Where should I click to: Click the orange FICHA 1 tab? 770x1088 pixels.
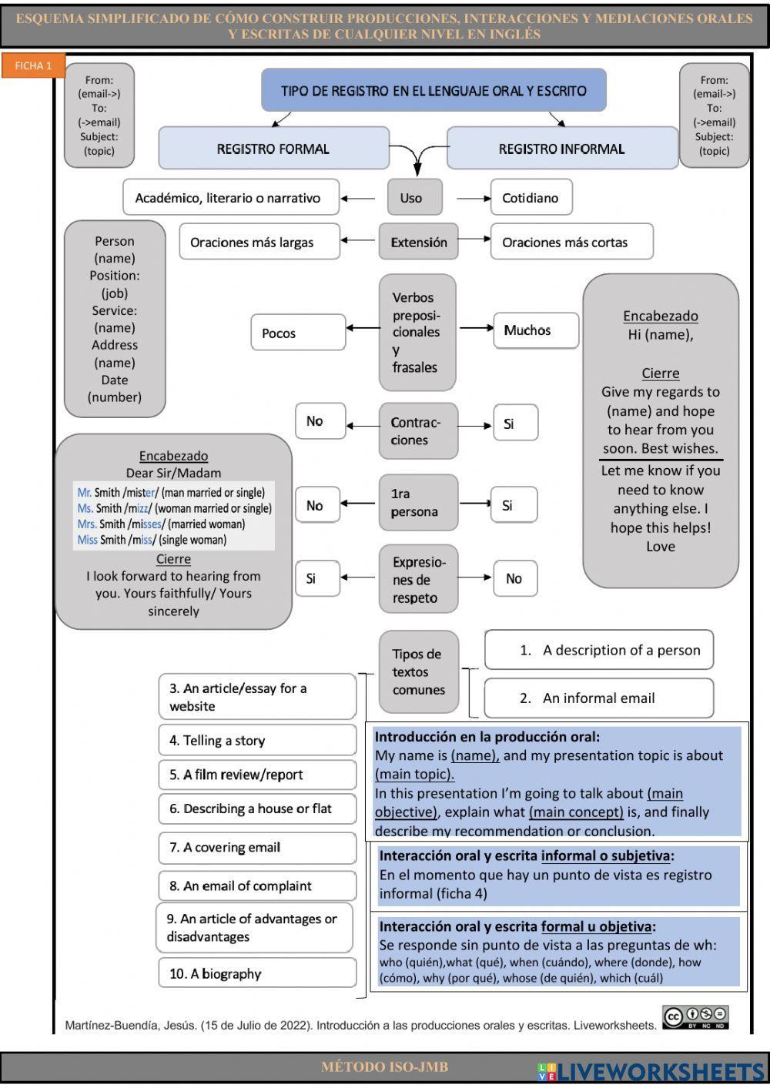pos(33,66)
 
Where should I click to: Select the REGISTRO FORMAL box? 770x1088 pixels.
pos(273,149)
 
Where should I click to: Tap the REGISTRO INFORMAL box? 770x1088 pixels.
pos(561,149)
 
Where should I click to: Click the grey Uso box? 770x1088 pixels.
pos(414,198)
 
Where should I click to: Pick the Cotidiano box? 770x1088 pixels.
pos(531,198)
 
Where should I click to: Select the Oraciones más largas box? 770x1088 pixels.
pos(259,243)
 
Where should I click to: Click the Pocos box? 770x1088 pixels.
pos(297,333)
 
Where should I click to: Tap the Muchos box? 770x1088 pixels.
pos(535,330)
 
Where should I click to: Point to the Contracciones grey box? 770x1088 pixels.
pos(418,431)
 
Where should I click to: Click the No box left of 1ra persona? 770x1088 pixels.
pos(319,506)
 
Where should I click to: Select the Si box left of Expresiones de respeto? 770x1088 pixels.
pos(316,578)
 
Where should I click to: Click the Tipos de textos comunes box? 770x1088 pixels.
pos(418,672)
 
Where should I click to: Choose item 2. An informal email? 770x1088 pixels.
pos(598,698)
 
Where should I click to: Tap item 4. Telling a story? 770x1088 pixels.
pos(256,741)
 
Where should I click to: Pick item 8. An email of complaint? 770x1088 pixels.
pos(256,886)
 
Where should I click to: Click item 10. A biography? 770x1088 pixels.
pos(256,974)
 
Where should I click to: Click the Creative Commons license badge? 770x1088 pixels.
pos(695,1017)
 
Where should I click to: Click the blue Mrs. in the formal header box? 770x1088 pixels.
pos(86,524)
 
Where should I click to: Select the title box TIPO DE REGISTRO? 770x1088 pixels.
pos(434,91)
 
